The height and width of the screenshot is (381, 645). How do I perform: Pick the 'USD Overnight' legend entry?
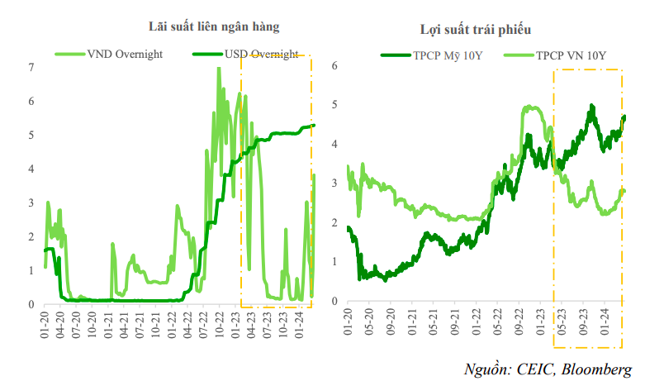tap(261, 55)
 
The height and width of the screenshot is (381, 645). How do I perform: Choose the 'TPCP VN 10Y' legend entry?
tap(571, 56)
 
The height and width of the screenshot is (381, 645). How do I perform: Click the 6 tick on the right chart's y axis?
tap(334, 65)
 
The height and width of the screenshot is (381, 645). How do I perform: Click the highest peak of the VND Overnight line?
tap(219, 68)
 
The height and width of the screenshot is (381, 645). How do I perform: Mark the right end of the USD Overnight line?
tap(315, 126)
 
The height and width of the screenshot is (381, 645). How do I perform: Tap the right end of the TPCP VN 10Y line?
tap(624, 192)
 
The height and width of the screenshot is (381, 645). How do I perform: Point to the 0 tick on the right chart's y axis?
tap(334, 301)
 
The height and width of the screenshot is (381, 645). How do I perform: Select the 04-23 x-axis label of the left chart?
tap(250, 322)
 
